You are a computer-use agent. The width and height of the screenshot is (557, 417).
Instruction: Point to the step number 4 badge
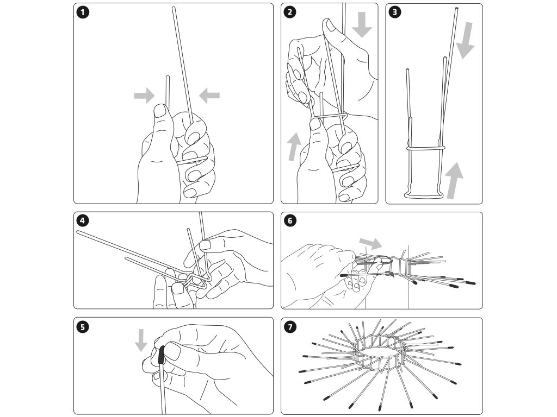[83, 221]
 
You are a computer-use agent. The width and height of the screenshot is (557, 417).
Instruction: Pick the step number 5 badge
[83, 326]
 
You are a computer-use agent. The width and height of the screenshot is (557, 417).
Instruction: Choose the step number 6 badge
[290, 221]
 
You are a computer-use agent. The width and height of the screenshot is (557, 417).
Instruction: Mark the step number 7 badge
[290, 326]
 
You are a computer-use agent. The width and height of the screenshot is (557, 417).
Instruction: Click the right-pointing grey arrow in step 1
[144, 97]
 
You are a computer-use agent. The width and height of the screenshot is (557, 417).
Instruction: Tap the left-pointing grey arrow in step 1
[209, 96]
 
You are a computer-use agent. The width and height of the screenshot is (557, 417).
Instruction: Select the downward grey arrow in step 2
[361, 26]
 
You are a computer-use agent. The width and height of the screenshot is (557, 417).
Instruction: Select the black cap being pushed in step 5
[161, 356]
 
